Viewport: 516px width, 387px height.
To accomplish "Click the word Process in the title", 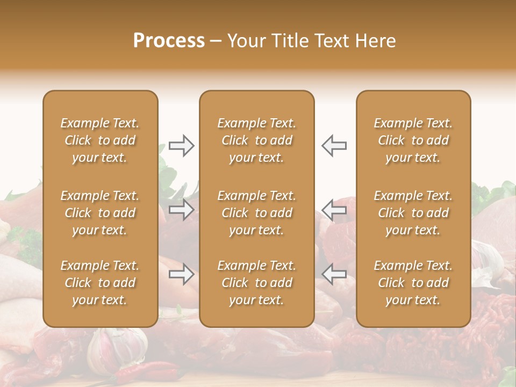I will (x=169, y=41).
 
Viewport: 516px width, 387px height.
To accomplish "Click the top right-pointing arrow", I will (x=181, y=146).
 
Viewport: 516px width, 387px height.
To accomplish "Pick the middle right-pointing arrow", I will (x=181, y=210).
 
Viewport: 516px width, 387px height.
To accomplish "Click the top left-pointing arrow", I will (x=334, y=146).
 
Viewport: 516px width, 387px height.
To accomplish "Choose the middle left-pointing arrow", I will (x=334, y=210).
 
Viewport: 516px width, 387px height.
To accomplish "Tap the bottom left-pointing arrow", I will (x=334, y=274).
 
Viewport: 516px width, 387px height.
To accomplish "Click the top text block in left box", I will (x=100, y=140).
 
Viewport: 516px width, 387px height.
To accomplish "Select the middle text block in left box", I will (x=100, y=213).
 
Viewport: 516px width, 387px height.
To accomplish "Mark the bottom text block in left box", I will (x=100, y=283).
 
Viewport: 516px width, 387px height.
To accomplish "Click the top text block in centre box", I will (x=256, y=140).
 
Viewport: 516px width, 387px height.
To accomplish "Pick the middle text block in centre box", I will (x=256, y=213).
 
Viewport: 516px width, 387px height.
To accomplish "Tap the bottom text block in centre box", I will (x=256, y=283).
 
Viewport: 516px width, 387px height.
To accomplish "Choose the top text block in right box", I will (x=413, y=140).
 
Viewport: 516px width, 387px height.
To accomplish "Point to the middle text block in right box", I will (x=413, y=213).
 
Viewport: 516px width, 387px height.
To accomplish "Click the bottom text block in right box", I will (x=413, y=283).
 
